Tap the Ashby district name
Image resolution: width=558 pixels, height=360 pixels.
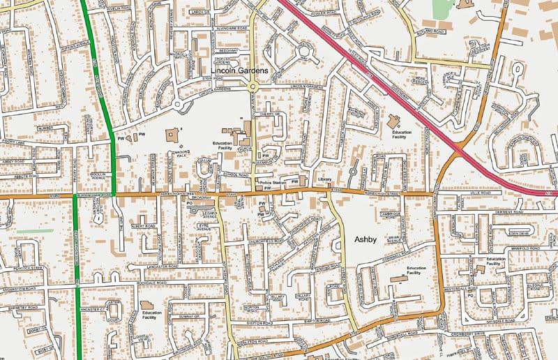tap(366, 239)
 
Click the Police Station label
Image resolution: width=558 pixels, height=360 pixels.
tap(273, 183)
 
